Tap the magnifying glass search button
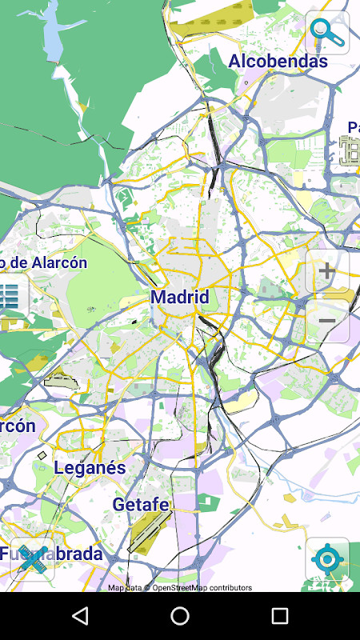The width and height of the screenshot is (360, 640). pyautogui.click(x=327, y=33)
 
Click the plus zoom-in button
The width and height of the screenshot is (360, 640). pyautogui.click(x=327, y=272)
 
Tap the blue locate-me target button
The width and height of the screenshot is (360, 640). pyautogui.click(x=327, y=559)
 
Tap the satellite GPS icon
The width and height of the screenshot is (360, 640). pyautogui.click(x=33, y=559)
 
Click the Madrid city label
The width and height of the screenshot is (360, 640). pyautogui.click(x=180, y=298)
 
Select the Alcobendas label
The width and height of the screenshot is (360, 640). pyautogui.click(x=278, y=62)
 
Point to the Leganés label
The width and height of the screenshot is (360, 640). pyautogui.click(x=90, y=468)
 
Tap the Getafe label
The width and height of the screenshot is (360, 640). pyautogui.click(x=141, y=505)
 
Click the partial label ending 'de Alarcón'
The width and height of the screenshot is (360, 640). pyautogui.click(x=44, y=262)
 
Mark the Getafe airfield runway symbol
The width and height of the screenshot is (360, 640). pyautogui.click(x=150, y=531)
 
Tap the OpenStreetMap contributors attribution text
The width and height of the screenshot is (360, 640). pyautogui.click(x=202, y=588)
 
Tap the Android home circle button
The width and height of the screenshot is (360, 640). pyautogui.click(x=180, y=616)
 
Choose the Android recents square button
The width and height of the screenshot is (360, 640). pyautogui.click(x=279, y=616)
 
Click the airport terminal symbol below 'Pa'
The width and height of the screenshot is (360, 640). pyautogui.click(x=350, y=150)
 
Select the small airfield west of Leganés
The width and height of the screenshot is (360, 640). pyautogui.click(x=60, y=381)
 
